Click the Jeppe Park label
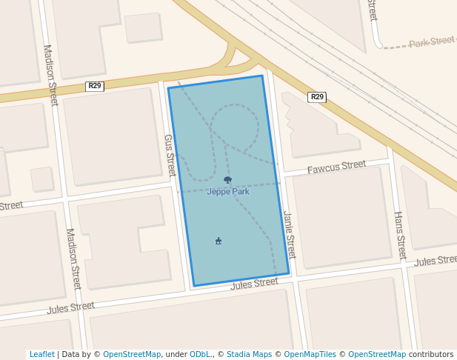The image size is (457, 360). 227,191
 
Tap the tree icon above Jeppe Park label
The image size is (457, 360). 227,180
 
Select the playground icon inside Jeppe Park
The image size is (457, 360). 219,241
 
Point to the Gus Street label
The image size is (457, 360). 169,155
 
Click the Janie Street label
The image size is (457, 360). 290,235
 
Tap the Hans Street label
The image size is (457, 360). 400,235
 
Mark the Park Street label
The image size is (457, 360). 432,41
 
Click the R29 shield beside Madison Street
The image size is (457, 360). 95,86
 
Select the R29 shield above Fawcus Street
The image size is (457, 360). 317,97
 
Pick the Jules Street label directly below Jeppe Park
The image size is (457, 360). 254,284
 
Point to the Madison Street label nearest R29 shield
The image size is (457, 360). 50,75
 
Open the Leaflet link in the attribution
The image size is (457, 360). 42,354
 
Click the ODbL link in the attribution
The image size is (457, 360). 199,354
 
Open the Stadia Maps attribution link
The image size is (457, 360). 249,354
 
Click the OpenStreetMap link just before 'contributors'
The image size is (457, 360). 377,354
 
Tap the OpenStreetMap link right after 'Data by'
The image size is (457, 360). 132,354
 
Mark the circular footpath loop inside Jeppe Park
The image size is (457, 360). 236,125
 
